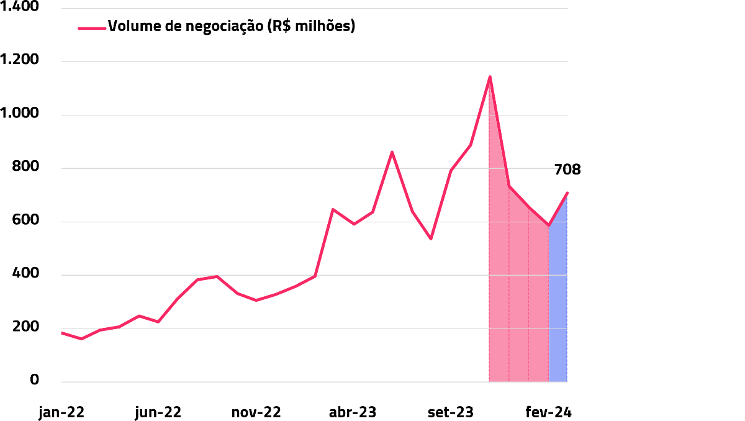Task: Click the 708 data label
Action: pyautogui.click(x=567, y=170)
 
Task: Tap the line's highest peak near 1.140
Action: pyautogui.click(x=490, y=77)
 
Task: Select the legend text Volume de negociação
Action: pyautogui.click(x=232, y=27)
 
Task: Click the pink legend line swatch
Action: pyautogui.click(x=92, y=27)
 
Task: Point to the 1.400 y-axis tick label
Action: pyautogui.click(x=20, y=7)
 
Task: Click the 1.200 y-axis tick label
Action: pyautogui.click(x=20, y=61)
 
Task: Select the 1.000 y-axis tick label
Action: pyautogui.click(x=20, y=114)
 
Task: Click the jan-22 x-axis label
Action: pyautogui.click(x=61, y=412)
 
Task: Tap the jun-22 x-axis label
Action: pyautogui.click(x=158, y=412)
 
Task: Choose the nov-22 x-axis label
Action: pyautogui.click(x=256, y=412)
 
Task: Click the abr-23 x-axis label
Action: pyautogui.click(x=353, y=412)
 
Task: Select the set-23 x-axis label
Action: pyautogui.click(x=451, y=412)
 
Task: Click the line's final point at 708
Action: pyautogui.click(x=567, y=193)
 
